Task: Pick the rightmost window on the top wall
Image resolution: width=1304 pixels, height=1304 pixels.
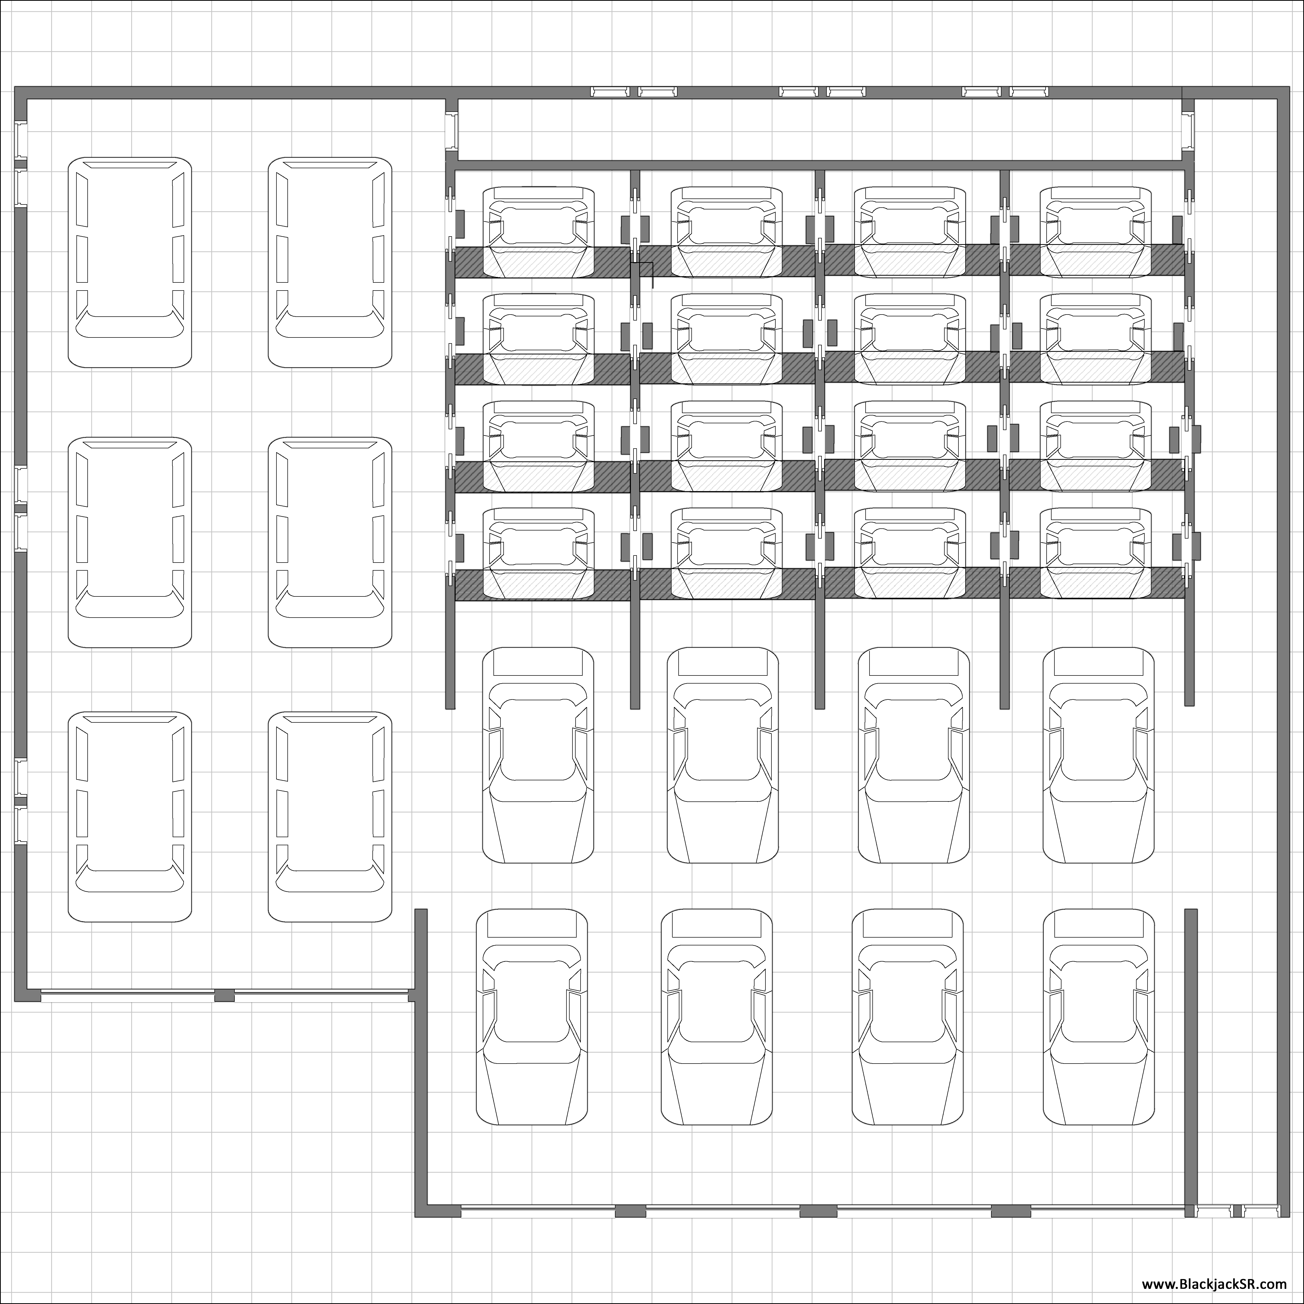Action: point(1029,92)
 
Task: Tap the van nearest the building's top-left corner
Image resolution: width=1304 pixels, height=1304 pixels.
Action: point(130,263)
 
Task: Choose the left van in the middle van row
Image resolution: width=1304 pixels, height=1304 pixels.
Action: point(130,542)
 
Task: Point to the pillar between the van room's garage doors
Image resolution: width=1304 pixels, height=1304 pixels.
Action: point(224,995)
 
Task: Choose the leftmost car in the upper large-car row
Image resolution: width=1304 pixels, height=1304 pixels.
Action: point(538,755)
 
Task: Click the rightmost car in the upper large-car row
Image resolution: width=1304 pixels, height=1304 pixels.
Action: point(1098,755)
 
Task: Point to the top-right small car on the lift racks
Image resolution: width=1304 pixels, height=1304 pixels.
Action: point(1095,232)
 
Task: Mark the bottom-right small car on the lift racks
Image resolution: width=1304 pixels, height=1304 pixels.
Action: point(1095,553)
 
